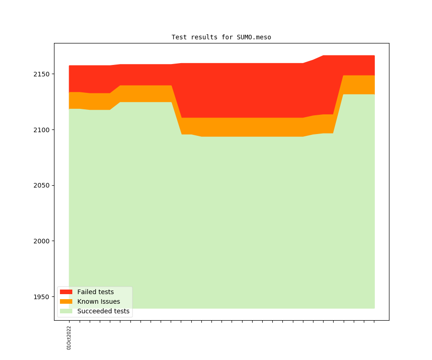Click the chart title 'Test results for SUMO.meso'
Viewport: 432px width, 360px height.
[221, 37]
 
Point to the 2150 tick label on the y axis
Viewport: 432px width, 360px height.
[43, 74]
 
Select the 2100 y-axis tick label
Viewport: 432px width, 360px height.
[43, 130]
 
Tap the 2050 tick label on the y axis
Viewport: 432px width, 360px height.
[43, 186]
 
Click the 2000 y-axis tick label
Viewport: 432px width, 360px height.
[43, 241]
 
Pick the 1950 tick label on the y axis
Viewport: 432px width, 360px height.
[43, 297]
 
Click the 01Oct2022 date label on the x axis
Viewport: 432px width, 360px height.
[69, 338]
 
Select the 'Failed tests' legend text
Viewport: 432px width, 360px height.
[95, 292]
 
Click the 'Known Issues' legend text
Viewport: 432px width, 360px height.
[98, 301]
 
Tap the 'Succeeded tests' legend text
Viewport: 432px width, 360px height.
[103, 311]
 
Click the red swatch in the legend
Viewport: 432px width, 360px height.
[66, 292]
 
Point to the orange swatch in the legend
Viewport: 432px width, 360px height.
[66, 301]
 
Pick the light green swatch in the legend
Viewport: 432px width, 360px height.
[66, 311]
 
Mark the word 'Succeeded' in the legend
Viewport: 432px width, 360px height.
[92, 311]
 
